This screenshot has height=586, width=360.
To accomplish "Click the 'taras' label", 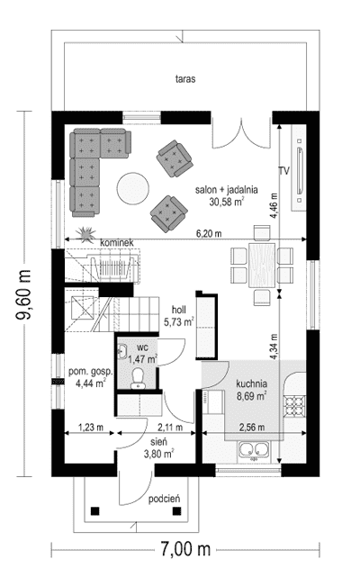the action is [185, 79].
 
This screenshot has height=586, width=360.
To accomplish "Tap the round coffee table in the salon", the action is [133, 188].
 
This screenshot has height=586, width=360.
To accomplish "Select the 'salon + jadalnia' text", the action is [227, 190].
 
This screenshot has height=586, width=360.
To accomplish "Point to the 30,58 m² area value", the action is [227, 202].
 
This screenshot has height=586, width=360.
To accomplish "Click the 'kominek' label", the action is [117, 243].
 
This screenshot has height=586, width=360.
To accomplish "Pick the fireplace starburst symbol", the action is [85, 233].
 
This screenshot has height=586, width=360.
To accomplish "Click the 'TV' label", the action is [284, 171].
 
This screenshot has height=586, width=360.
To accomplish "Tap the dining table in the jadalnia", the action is [262, 265].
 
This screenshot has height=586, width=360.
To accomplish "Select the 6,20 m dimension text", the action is [209, 233].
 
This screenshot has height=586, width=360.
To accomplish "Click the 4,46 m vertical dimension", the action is [274, 206].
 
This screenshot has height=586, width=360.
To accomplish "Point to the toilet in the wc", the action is [138, 378].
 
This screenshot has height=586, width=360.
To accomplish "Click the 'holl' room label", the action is [179, 310].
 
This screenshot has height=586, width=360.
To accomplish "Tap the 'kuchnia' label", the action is [252, 383].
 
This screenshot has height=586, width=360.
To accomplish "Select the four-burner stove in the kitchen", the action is [294, 406].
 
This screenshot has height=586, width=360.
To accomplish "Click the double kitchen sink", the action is [254, 449].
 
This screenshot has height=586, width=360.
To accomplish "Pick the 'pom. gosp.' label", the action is [90, 373].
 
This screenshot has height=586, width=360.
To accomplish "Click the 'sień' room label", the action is [159, 442].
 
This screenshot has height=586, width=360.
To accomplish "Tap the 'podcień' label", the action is [165, 499].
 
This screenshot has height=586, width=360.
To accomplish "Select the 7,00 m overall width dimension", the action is [185, 549].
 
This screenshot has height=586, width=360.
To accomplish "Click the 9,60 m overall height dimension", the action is [24, 294].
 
